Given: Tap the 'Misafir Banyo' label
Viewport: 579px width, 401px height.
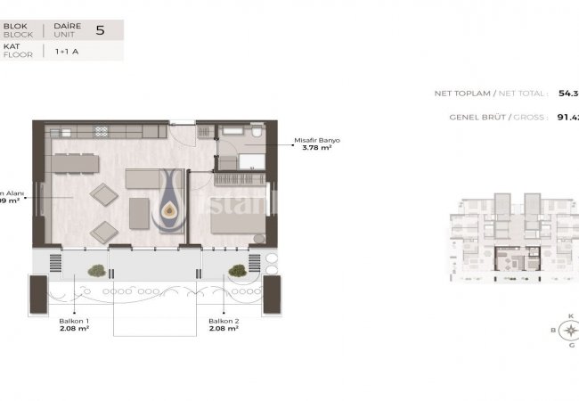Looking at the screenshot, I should (x=317, y=140).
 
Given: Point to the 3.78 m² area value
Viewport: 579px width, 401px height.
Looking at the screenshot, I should (x=316, y=150).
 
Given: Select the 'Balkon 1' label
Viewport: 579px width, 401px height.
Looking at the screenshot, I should (x=75, y=321).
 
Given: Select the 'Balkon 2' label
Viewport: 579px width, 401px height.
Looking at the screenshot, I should (x=222, y=321).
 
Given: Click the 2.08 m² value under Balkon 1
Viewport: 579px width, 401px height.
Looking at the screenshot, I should (x=75, y=330).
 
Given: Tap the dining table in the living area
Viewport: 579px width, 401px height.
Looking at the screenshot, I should (x=73, y=162).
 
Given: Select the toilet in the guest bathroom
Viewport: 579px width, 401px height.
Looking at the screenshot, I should (x=256, y=134).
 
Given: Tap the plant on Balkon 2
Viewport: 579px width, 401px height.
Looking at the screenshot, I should (x=237, y=269).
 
